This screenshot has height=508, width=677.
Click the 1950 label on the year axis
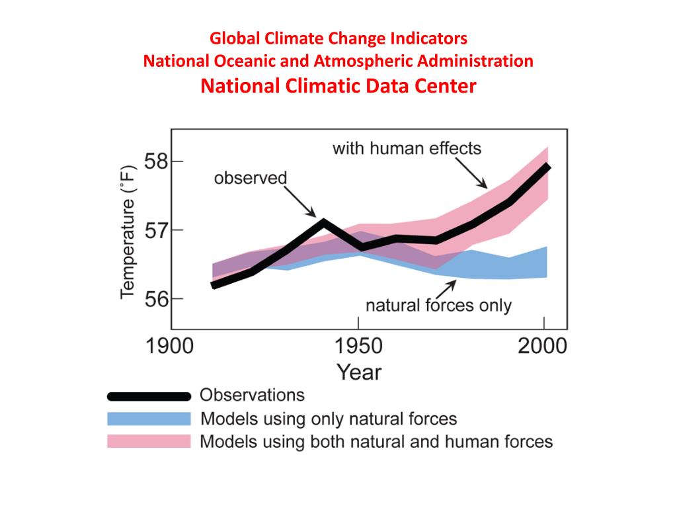point(358,347)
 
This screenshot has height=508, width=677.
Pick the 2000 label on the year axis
point(541,347)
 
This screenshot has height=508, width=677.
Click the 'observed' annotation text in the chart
point(251,178)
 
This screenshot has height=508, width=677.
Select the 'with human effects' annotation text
point(407,148)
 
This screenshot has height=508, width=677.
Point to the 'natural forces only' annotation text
point(438,306)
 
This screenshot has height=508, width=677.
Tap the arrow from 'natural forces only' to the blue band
point(445,289)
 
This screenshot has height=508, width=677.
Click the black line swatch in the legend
point(149,396)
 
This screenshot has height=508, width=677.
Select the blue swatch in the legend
point(149,419)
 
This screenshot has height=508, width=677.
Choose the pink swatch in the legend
point(149,441)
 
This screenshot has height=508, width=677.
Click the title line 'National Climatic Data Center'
point(338,87)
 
